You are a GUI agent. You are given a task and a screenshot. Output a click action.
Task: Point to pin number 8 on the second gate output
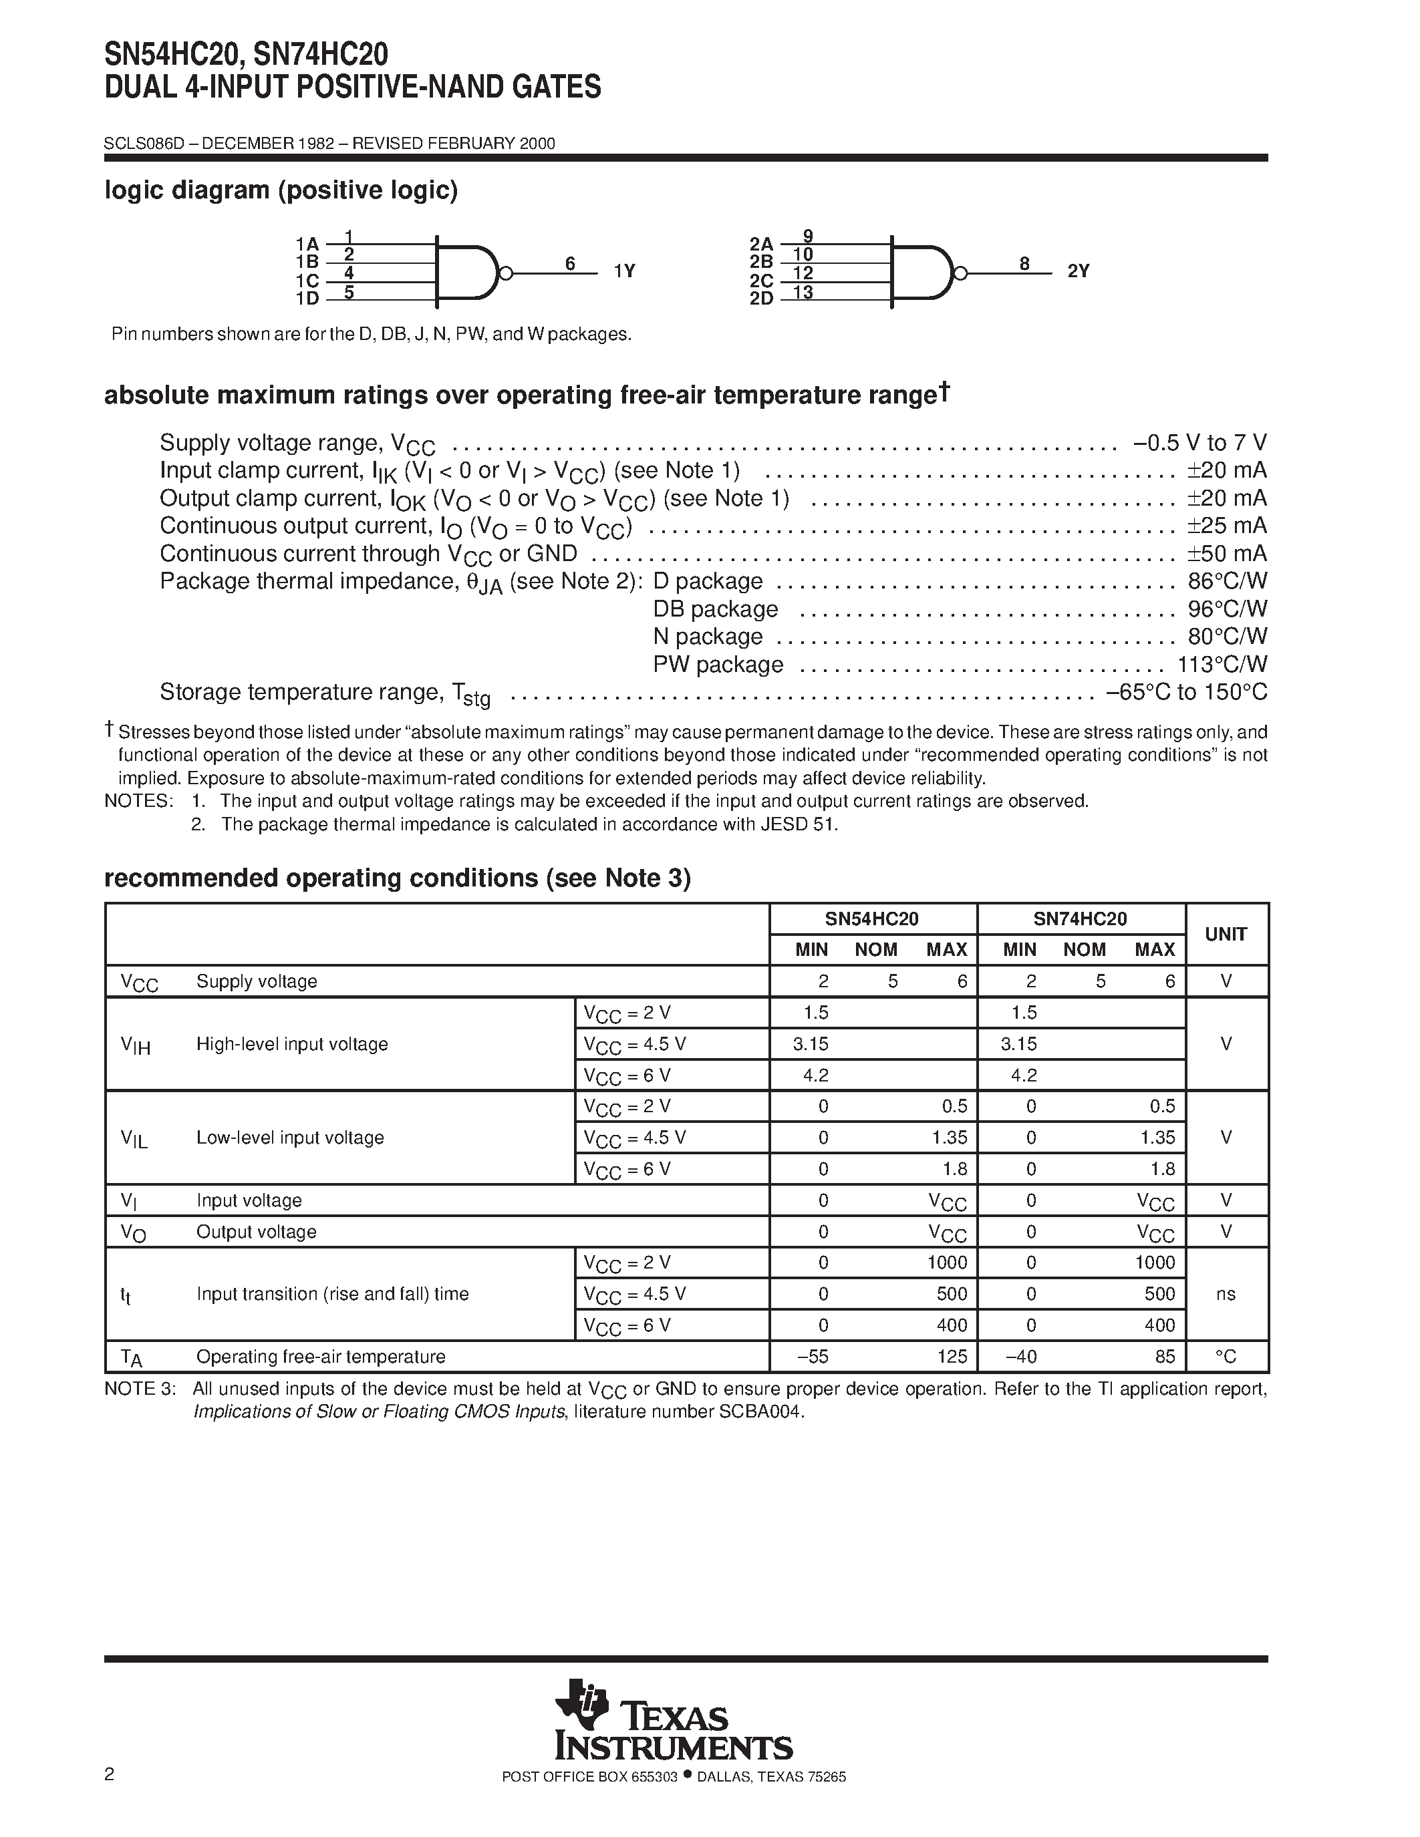[1024, 264]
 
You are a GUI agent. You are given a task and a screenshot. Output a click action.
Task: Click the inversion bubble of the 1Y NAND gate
[506, 273]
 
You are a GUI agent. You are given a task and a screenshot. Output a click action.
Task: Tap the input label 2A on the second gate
[760, 244]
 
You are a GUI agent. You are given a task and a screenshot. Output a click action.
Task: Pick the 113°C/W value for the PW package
[1222, 665]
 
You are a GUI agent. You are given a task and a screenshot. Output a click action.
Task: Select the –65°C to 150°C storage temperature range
[1186, 692]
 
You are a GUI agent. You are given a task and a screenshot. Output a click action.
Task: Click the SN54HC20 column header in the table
[871, 918]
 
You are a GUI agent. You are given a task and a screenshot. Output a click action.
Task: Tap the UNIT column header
[1226, 934]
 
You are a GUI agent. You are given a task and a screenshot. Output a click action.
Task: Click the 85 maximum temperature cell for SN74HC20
[1165, 1357]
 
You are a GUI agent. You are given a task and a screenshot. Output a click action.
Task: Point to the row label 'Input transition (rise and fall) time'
[332, 1294]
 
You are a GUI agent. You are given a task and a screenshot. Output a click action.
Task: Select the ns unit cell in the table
[1226, 1294]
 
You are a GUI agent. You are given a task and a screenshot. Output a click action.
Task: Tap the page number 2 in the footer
[110, 1798]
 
